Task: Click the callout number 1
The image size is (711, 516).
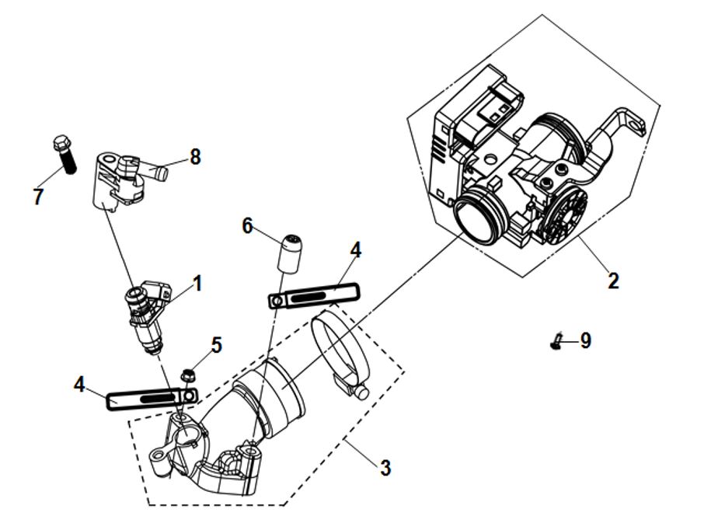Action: pyautogui.click(x=197, y=284)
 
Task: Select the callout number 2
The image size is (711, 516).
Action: pyautogui.click(x=613, y=281)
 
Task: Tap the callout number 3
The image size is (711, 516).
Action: pyautogui.click(x=385, y=468)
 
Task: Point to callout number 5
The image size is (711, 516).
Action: pyautogui.click(x=217, y=343)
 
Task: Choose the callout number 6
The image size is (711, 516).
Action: pyautogui.click(x=247, y=226)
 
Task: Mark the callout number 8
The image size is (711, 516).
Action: pyautogui.click(x=195, y=157)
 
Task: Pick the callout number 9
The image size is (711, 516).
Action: pyautogui.click(x=585, y=340)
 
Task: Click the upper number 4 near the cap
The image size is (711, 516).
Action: pyautogui.click(x=356, y=250)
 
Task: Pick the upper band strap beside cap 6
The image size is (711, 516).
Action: pyautogui.click(x=315, y=296)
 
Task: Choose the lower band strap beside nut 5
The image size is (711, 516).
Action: pyautogui.click(x=152, y=397)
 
